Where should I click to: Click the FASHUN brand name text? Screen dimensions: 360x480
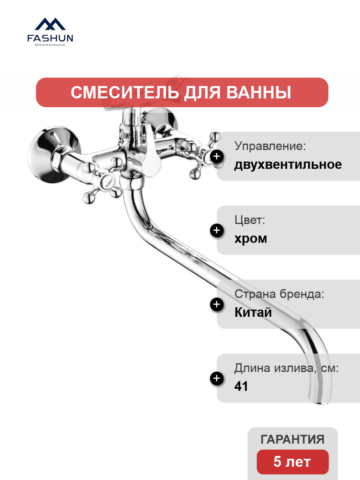tap(50, 38)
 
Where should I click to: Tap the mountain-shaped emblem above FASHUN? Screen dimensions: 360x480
tap(50, 24)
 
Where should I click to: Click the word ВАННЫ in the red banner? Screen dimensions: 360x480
tap(258, 92)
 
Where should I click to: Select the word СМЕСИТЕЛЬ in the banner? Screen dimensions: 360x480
tap(124, 92)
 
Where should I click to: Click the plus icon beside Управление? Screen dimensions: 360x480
tap(217, 156)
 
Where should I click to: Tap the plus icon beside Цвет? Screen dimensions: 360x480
tap(217, 230)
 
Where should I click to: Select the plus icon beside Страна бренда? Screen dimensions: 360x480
tap(217, 304)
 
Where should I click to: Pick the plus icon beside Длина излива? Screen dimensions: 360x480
tap(217, 378)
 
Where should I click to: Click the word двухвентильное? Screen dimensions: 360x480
tap(288, 165)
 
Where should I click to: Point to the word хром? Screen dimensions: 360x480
tap(251, 239)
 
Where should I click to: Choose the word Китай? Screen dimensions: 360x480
tap(253, 312)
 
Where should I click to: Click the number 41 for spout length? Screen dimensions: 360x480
tap(241, 386)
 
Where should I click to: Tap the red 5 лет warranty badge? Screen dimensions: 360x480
tap(293, 462)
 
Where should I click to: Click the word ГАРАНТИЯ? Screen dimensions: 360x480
tap(292, 439)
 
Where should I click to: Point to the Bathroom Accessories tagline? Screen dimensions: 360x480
tap(50, 45)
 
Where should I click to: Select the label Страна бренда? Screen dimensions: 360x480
tap(279, 294)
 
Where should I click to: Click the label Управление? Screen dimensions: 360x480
tap(270, 146)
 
